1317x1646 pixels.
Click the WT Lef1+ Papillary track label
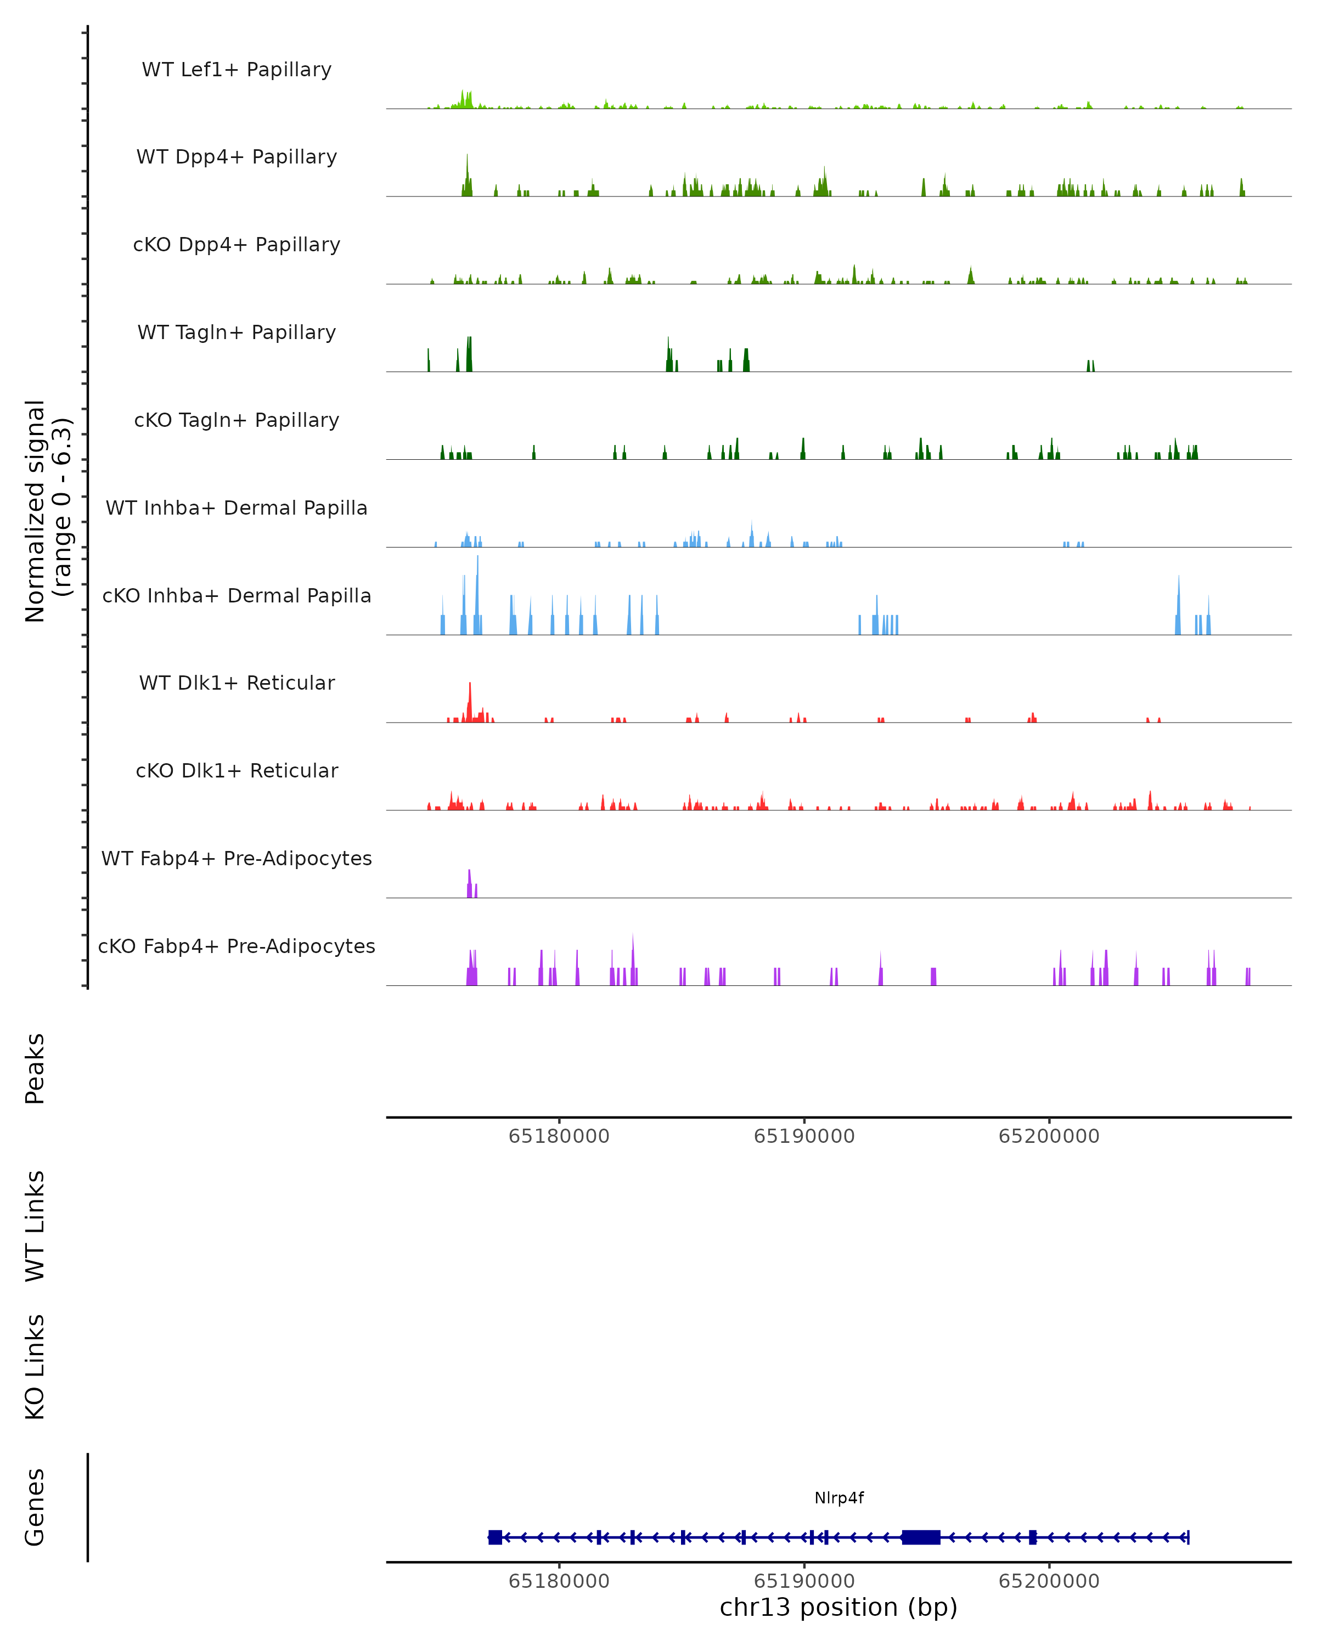[x=237, y=70]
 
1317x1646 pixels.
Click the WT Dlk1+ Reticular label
[x=237, y=683]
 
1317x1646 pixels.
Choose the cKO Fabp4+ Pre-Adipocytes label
[x=237, y=946]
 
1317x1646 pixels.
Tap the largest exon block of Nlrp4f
[x=921, y=1537]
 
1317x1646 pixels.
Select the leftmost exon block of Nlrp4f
[x=496, y=1537]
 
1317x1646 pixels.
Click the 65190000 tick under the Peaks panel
[x=804, y=1137]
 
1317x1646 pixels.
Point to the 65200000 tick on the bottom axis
[x=1049, y=1581]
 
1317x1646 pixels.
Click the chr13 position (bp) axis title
[x=838, y=1608]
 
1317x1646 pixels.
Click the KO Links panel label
[x=35, y=1367]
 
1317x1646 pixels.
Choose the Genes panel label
[x=35, y=1507]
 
